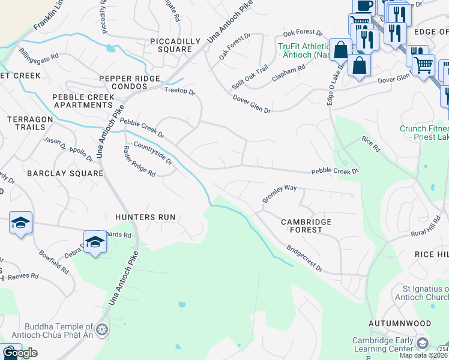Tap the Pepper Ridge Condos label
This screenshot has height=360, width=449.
point(130,83)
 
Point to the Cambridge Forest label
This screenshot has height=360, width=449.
point(306,226)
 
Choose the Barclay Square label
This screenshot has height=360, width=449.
point(65,173)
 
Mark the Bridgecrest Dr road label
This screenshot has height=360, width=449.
point(304,257)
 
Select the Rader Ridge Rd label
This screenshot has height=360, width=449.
point(139,161)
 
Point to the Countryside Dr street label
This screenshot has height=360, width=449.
point(153,154)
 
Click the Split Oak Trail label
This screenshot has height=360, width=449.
point(250,79)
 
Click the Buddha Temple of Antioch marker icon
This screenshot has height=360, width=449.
point(101,329)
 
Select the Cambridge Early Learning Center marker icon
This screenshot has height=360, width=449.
point(423,343)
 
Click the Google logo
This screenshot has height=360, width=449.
point(20,353)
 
